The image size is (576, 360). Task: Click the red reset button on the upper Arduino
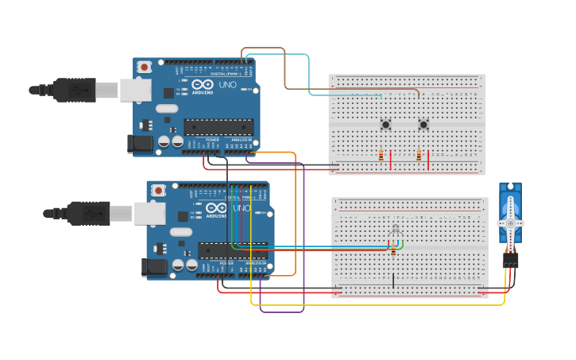pyautogui.click(x=145, y=68)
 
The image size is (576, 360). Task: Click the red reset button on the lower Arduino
pyautogui.click(x=158, y=191)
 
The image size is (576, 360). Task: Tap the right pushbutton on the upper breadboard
pyautogui.click(x=423, y=124)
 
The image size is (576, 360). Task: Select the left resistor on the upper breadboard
pyautogui.click(x=381, y=156)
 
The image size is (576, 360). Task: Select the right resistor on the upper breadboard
pyautogui.click(x=419, y=156)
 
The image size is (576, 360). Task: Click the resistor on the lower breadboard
pyautogui.click(x=392, y=252)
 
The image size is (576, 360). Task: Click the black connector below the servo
pyautogui.click(x=510, y=259)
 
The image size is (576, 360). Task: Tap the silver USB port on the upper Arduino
pyautogui.click(x=135, y=90)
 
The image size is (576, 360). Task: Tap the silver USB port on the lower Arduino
pyautogui.click(x=149, y=213)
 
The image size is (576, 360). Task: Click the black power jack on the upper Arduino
pyautogui.click(x=140, y=144)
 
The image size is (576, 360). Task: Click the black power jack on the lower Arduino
pyautogui.click(x=153, y=267)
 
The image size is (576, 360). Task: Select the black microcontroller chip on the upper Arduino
pyautogui.click(x=218, y=126)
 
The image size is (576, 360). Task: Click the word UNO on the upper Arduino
pyautogui.click(x=228, y=84)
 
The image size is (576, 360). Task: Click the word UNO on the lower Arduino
pyautogui.click(x=242, y=208)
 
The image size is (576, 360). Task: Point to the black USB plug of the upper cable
pyautogui.click(x=75, y=90)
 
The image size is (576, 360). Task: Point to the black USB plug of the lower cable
pyautogui.click(x=89, y=213)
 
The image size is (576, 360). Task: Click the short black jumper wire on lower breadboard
pyautogui.click(x=392, y=280)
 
